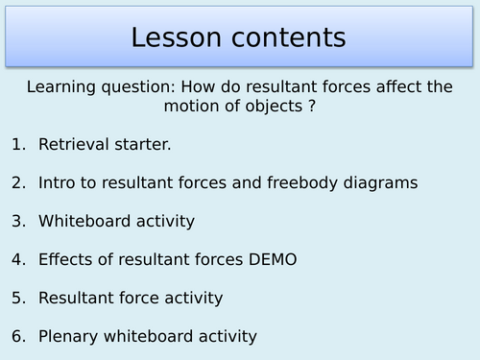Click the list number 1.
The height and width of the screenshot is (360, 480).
[x=17, y=144]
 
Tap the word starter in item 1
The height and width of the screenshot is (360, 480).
[x=137, y=144]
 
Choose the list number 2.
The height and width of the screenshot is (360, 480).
[x=17, y=182]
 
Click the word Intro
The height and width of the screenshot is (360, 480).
[x=59, y=182]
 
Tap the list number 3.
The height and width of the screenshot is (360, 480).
[x=17, y=221]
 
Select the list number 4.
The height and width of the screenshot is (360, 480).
[x=17, y=259]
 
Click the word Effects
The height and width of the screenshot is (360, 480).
[x=65, y=259]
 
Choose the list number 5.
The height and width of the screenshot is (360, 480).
[x=17, y=298]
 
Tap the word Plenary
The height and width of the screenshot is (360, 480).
[x=68, y=336]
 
